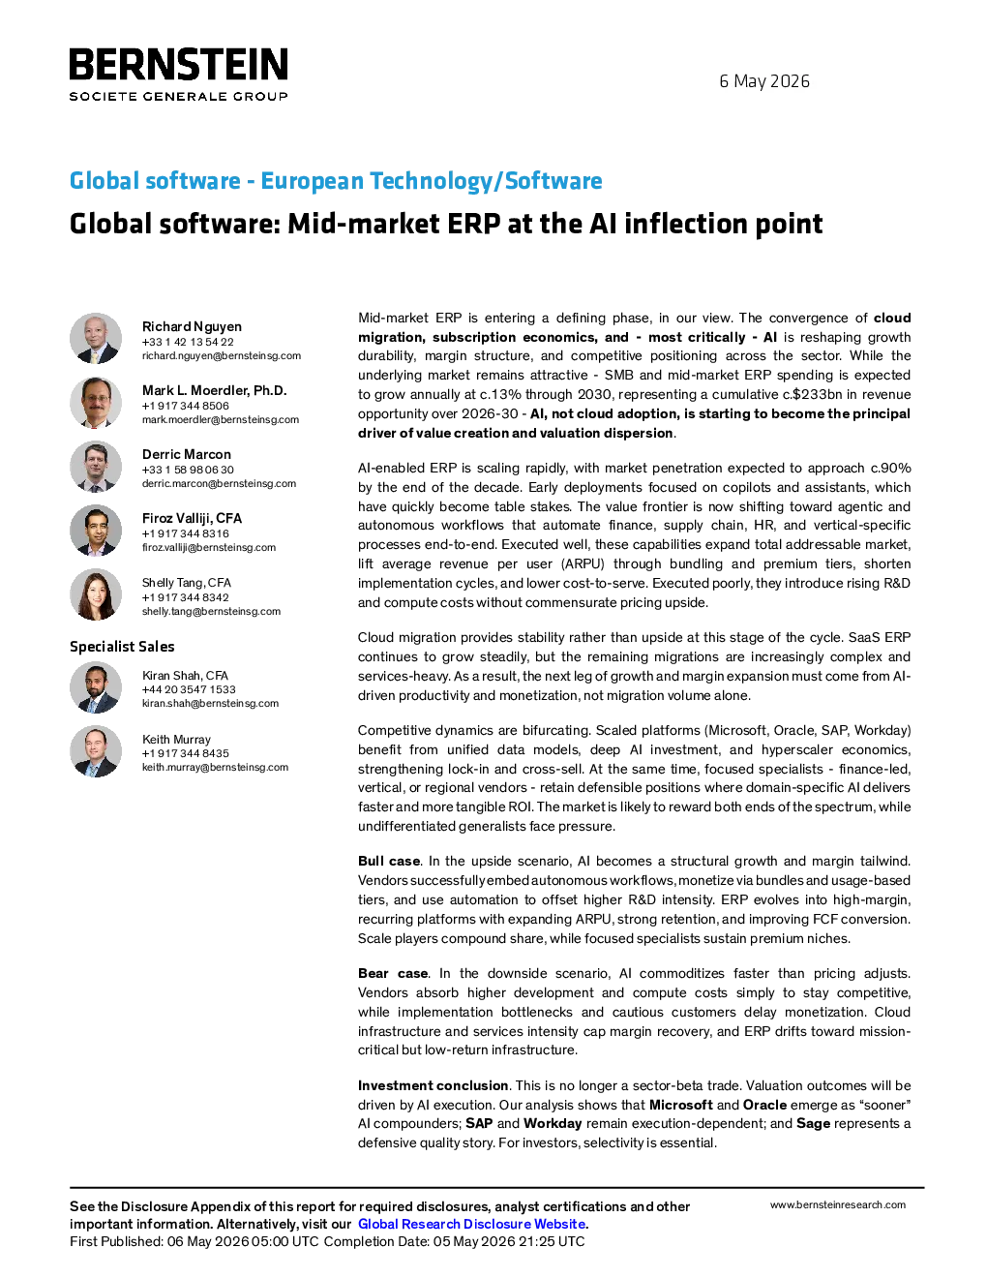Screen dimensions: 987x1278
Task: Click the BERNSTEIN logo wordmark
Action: (178, 64)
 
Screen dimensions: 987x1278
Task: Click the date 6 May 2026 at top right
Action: (764, 81)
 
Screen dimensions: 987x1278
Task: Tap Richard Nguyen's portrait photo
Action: (96, 339)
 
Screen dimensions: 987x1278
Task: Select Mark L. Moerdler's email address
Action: (221, 420)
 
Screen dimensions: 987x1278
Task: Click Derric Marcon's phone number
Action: (188, 470)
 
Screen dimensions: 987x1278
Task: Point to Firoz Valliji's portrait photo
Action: (96, 531)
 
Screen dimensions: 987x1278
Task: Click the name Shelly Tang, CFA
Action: (187, 583)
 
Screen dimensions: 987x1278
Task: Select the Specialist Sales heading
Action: (122, 647)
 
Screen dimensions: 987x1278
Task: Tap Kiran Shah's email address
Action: (210, 704)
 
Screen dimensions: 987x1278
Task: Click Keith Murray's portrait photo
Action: (96, 751)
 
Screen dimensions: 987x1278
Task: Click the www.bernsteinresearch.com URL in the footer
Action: (838, 1205)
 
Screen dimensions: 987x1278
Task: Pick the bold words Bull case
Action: (389, 862)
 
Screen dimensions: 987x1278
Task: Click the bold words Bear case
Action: (393, 974)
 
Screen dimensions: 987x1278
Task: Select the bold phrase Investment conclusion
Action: (433, 1085)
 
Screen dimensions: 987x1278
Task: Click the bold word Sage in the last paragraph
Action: (813, 1124)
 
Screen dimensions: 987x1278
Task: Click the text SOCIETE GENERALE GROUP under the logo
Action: (178, 97)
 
